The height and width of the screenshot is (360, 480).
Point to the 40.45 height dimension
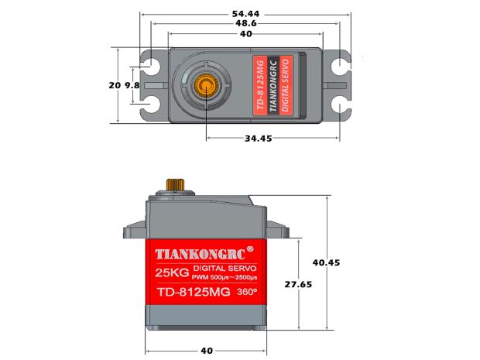(326, 262)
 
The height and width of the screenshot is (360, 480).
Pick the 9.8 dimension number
(131, 85)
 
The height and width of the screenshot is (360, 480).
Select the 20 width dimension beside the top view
(115, 85)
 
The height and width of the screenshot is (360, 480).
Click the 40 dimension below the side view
(207, 350)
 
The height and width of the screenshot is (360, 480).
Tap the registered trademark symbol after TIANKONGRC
(249, 249)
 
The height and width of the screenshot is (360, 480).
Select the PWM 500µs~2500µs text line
(224, 277)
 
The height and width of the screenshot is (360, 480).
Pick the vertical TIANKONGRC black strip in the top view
(272, 85)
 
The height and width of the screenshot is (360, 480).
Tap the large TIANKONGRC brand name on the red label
(200, 254)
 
